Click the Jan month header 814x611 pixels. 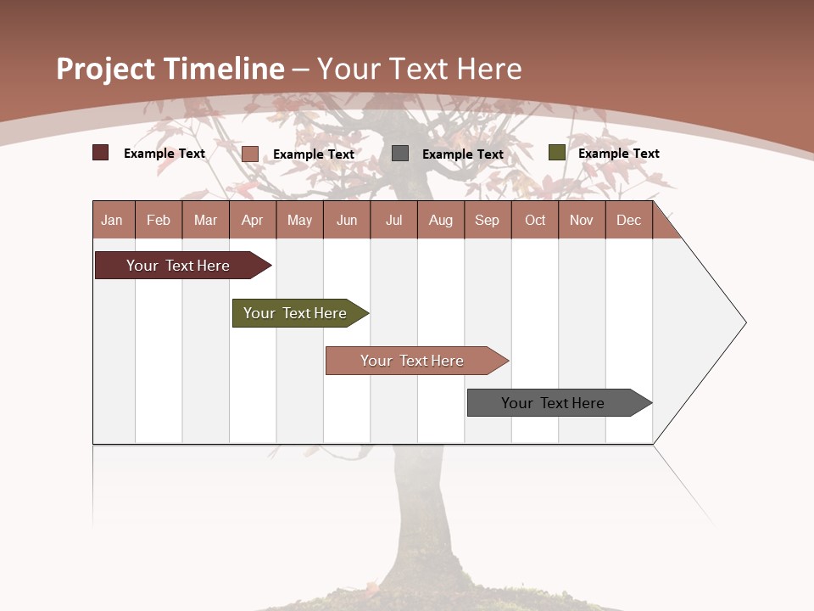(x=113, y=220)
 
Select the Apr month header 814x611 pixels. (x=253, y=220)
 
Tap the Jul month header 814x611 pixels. (x=394, y=220)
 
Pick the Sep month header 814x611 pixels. (x=488, y=220)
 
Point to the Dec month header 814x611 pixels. (x=629, y=220)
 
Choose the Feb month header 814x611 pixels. (x=159, y=220)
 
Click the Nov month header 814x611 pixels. (x=582, y=220)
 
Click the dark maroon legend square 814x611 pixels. (x=100, y=153)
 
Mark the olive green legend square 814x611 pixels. (x=556, y=153)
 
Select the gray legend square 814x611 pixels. (x=400, y=154)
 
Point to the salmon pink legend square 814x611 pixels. (x=250, y=154)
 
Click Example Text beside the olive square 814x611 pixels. (x=618, y=154)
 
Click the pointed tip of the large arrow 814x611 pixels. (x=744, y=322)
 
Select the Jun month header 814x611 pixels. (x=347, y=220)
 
